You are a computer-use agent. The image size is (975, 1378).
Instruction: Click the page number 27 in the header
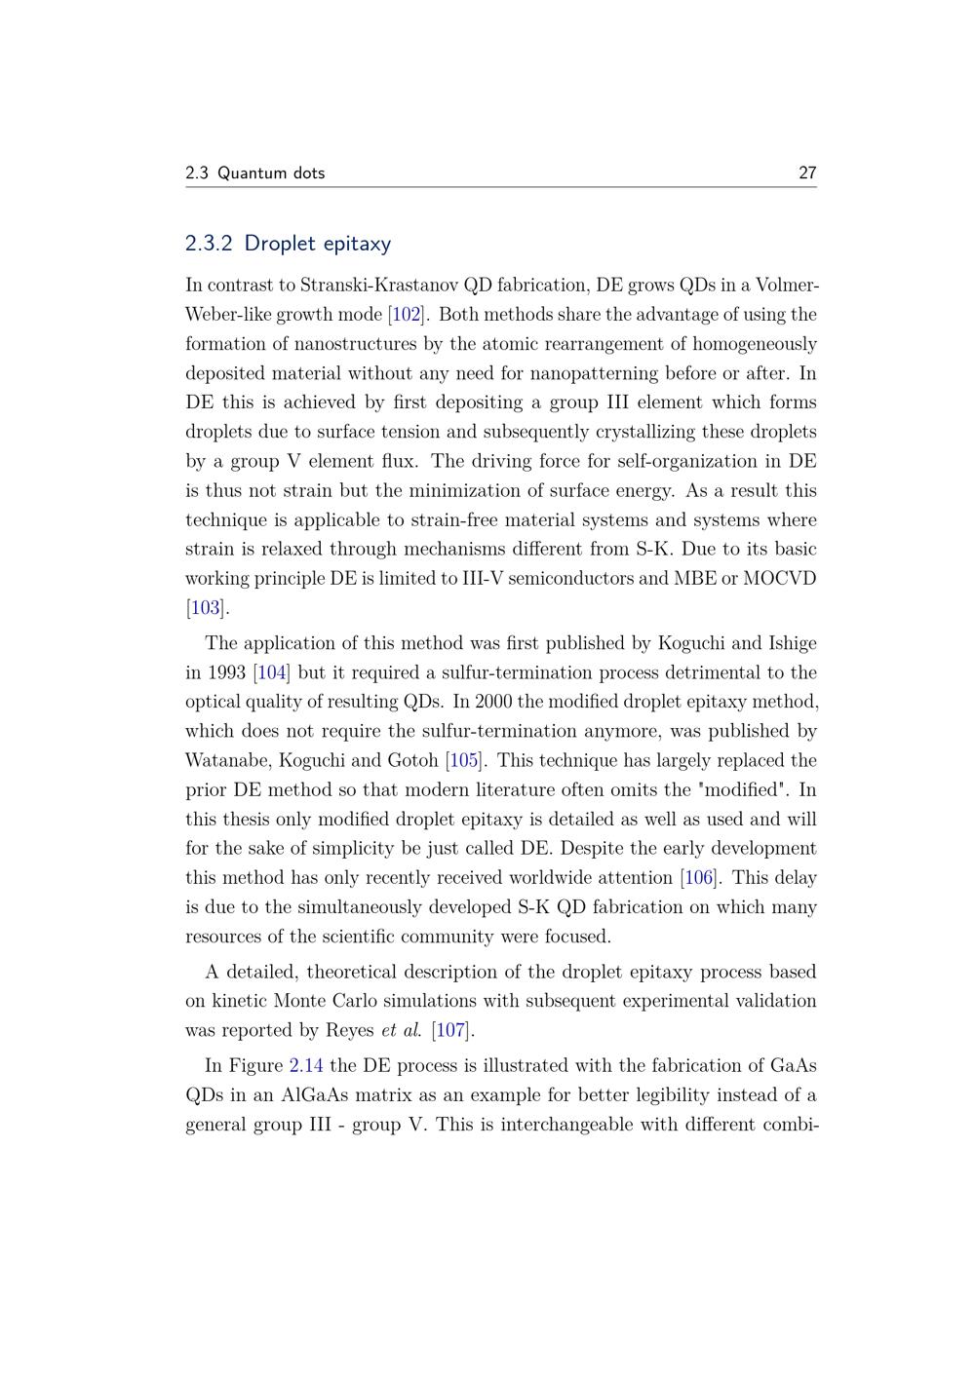tap(806, 173)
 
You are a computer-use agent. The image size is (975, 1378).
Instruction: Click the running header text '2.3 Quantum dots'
tap(254, 173)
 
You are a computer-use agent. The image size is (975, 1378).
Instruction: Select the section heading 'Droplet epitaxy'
tap(317, 244)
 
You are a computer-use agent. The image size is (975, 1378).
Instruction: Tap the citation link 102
tap(406, 315)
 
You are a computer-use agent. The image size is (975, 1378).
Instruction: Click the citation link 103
tap(206, 608)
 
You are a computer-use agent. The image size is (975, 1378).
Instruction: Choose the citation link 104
tap(272, 672)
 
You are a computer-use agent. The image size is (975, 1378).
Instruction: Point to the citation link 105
tap(464, 760)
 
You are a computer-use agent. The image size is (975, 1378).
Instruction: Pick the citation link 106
tap(699, 877)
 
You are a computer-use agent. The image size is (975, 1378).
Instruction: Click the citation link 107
tap(451, 1030)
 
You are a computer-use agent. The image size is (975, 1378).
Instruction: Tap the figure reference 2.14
tap(306, 1065)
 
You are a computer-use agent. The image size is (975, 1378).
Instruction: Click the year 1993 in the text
tap(225, 672)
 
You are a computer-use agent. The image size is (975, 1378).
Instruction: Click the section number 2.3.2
tap(209, 244)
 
